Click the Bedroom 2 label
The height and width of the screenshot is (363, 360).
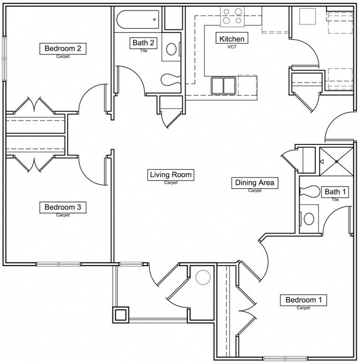(63, 49)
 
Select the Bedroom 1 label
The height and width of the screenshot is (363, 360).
(303, 300)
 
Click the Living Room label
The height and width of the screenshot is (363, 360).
(171, 175)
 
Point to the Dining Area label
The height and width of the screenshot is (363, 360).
(255, 183)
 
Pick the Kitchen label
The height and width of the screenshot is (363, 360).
(232, 39)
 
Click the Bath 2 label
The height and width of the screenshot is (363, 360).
(143, 43)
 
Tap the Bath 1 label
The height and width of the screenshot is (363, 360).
(336, 192)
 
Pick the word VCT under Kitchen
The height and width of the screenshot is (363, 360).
(232, 47)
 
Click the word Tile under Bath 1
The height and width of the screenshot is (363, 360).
(335, 200)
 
